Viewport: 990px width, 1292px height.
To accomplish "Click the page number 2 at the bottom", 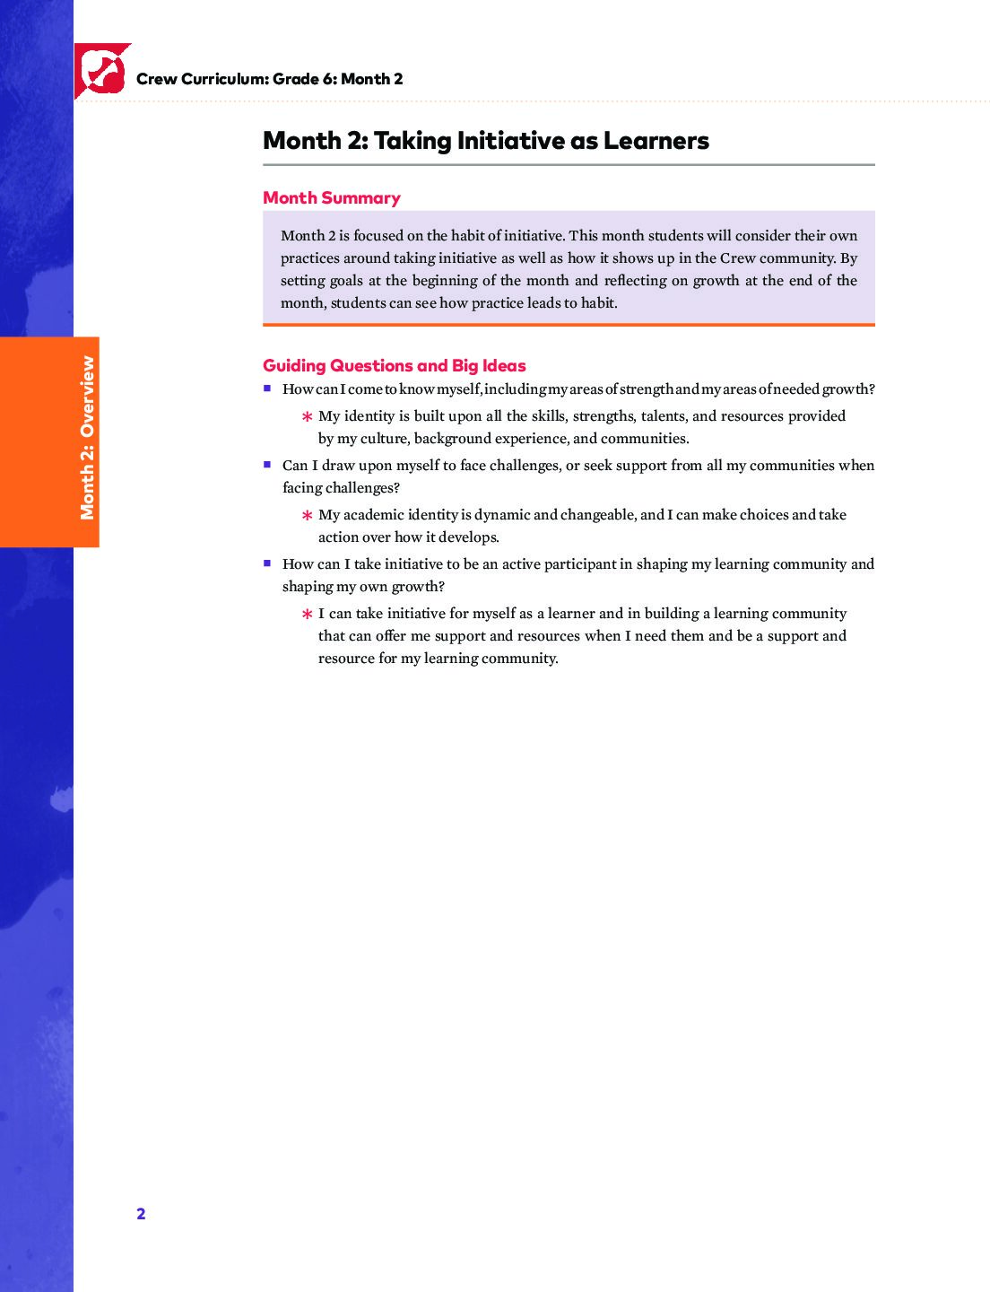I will click(x=141, y=1214).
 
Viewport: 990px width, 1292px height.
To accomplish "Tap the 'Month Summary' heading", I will click(x=331, y=197).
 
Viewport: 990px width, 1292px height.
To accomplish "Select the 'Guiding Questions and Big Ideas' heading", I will click(x=394, y=365).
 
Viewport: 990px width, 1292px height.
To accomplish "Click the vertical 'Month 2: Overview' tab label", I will click(x=87, y=438).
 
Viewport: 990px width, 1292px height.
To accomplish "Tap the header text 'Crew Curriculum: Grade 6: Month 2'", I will click(x=269, y=79).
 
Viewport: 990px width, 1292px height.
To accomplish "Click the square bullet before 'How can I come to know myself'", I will click(x=267, y=388).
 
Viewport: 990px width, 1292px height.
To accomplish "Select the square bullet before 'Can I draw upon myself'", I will click(x=267, y=465).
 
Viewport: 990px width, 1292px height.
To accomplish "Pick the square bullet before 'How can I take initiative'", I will click(x=267, y=563).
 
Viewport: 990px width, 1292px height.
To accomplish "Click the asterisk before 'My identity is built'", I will click(x=307, y=417).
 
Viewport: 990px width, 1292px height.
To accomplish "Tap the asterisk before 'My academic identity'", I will click(x=307, y=516).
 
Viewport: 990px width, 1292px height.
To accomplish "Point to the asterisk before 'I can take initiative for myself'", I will click(x=307, y=615).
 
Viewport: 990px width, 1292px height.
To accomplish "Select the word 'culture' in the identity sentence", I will click(x=383, y=439).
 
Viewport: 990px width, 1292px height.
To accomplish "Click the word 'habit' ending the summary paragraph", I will click(x=597, y=303).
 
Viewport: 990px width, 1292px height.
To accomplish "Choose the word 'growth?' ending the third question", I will click(x=418, y=587).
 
